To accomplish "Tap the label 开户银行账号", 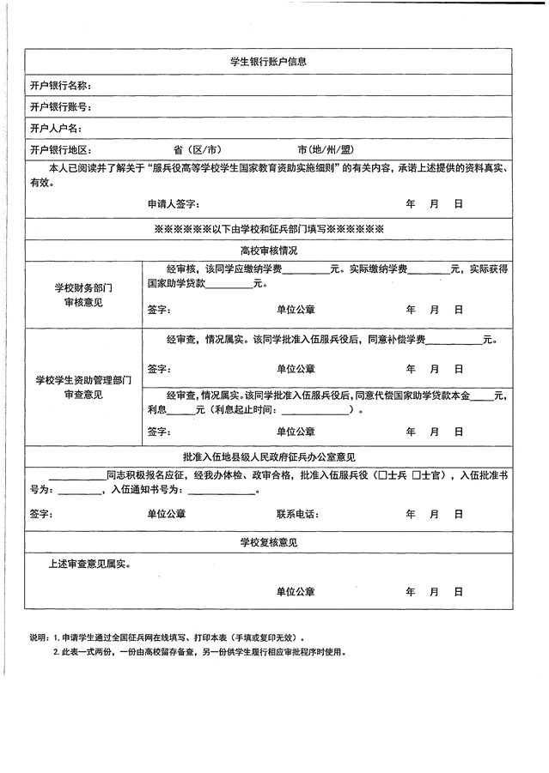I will pos(60,107).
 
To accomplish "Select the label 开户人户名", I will pos(56,129).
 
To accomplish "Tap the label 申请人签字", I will pos(173,205).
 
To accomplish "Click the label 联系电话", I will pos(296,514).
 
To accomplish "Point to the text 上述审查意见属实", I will pos(89,565).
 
